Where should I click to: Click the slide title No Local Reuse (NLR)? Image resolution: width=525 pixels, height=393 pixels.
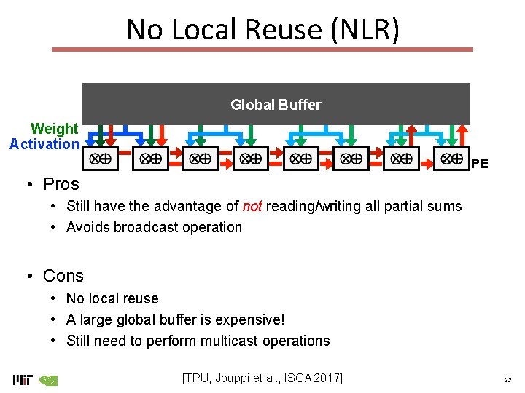point(262,29)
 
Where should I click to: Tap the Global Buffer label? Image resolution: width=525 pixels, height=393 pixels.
point(276,105)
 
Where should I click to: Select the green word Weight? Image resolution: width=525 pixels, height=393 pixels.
point(54,129)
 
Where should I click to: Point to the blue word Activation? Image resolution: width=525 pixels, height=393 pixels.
point(44,144)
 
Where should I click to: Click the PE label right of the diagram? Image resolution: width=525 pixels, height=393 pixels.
point(479,164)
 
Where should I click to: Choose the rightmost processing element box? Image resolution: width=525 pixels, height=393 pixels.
point(452,158)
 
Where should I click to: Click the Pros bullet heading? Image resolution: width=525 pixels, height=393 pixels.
point(61,183)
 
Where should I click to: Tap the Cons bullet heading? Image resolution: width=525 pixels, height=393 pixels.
point(63,276)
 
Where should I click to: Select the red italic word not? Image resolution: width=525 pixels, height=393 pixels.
point(252,207)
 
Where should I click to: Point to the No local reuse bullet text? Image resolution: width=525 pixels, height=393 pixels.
point(112,298)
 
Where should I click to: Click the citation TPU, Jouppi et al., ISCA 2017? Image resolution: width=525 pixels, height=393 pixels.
point(262,377)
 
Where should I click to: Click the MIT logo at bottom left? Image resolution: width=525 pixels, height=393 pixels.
point(22,379)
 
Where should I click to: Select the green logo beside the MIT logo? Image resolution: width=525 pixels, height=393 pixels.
point(48,379)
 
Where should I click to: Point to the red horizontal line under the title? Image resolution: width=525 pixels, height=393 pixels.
point(262,49)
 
